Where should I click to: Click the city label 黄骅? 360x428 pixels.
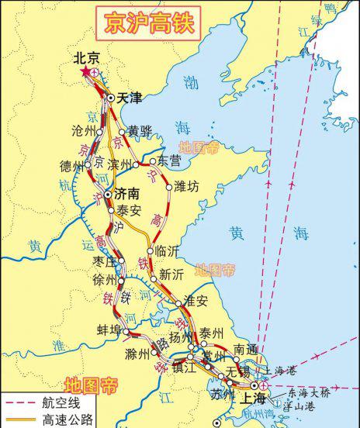point(140,131)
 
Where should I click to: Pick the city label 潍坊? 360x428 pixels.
point(188,186)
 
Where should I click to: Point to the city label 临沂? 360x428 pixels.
point(167,250)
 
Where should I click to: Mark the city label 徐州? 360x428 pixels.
point(104,279)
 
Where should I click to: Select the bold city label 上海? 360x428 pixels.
point(254,398)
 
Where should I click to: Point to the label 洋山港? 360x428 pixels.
point(302,406)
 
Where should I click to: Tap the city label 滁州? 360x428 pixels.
point(137,354)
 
